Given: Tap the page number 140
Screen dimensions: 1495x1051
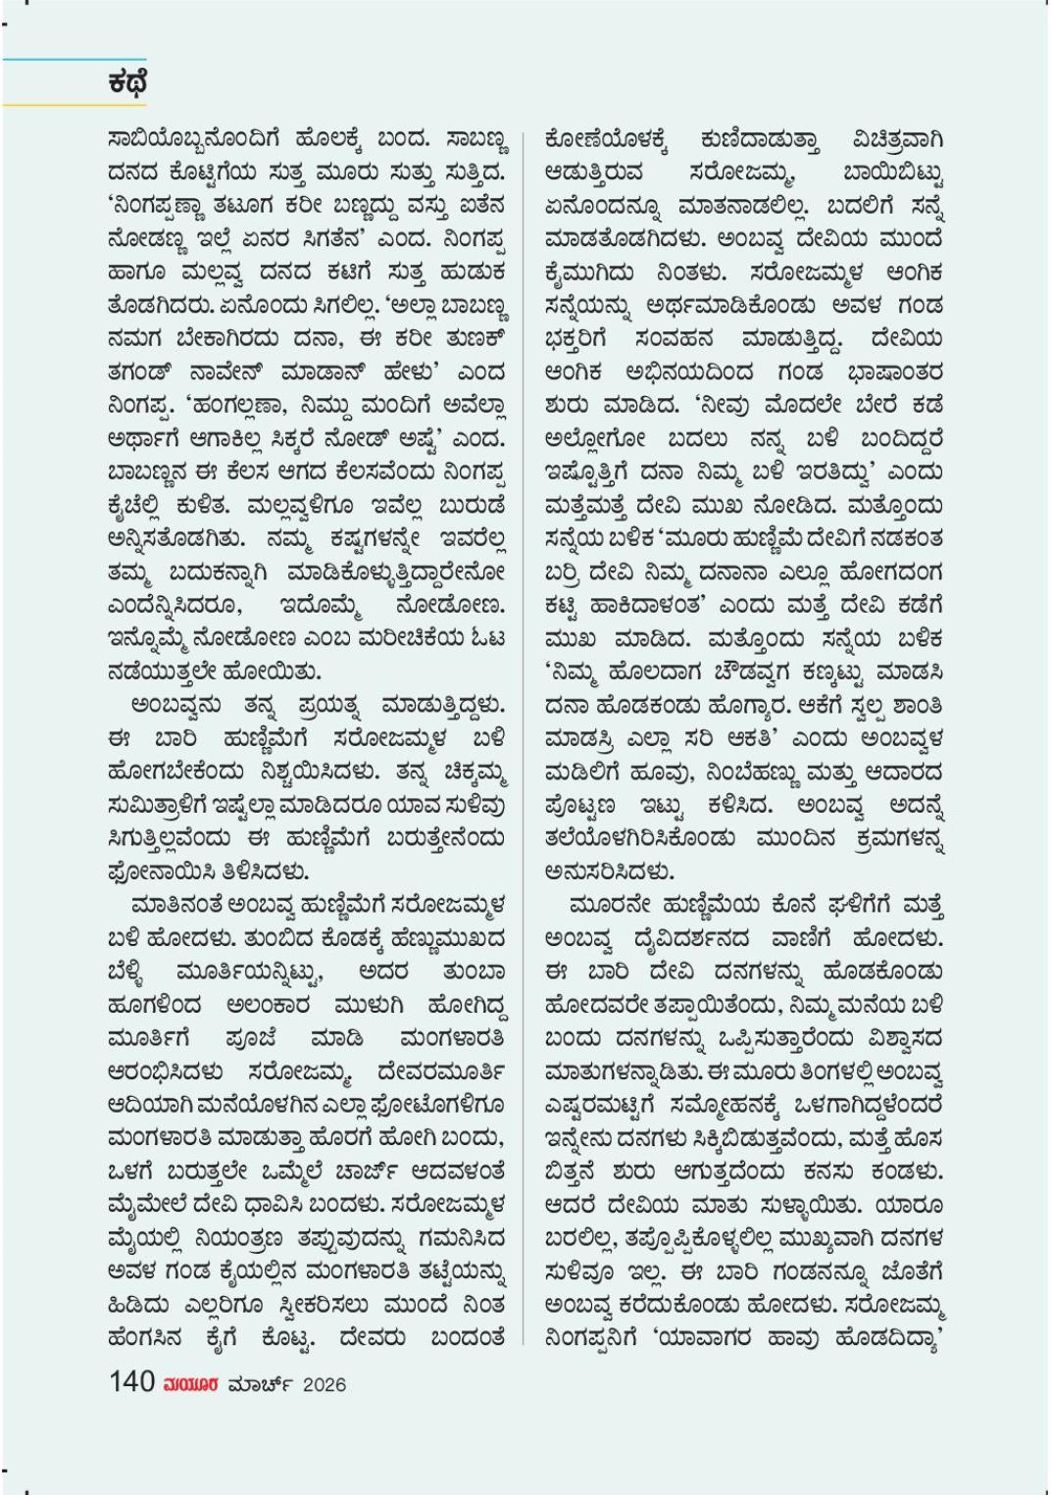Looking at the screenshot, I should (131, 1382).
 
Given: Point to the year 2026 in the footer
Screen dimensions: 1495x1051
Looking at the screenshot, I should (324, 1384).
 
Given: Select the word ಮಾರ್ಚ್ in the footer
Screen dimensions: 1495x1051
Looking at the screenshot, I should (260, 1383).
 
